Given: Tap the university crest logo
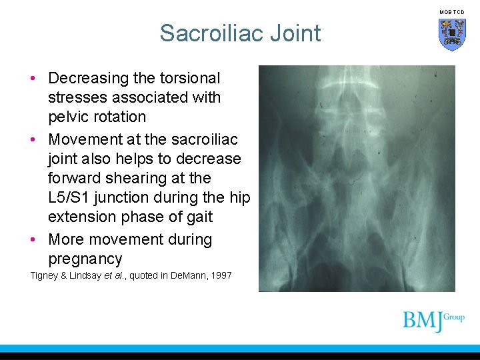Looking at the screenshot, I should pyautogui.click(x=451, y=34).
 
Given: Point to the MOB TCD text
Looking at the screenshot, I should pyautogui.click(x=451, y=12).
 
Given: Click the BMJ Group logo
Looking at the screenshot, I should pyautogui.click(x=433, y=321).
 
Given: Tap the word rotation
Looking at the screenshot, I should pyautogui.click(x=119, y=117).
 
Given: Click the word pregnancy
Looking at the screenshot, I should pyautogui.click(x=85, y=259).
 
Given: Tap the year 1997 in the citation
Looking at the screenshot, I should pyautogui.click(x=221, y=275).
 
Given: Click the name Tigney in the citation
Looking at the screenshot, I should pyautogui.click(x=44, y=275).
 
